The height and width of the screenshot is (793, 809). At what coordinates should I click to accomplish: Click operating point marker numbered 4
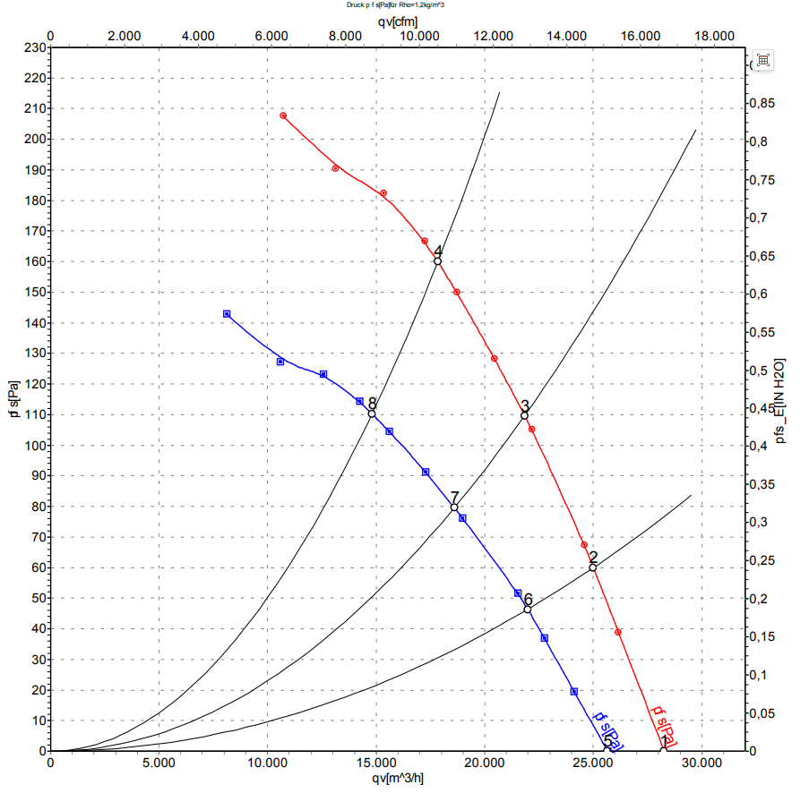(x=437, y=261)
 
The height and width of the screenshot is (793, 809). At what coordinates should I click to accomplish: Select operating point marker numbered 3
(x=524, y=415)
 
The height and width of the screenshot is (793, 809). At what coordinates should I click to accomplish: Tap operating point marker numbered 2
(x=593, y=567)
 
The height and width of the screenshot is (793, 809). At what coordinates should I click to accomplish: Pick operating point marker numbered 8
(x=372, y=414)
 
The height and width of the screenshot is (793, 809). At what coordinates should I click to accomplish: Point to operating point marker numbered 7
(x=454, y=507)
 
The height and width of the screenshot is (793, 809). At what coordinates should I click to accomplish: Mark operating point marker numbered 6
(x=528, y=610)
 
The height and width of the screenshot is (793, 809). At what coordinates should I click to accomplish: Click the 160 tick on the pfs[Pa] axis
(x=35, y=262)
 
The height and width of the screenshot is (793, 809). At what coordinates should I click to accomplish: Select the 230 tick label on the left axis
(x=35, y=47)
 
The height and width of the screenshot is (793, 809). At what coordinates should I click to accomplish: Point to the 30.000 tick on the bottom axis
(x=701, y=763)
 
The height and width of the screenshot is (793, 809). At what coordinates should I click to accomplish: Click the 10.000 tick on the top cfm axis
(x=417, y=36)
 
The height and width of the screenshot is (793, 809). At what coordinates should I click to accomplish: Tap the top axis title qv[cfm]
(x=396, y=20)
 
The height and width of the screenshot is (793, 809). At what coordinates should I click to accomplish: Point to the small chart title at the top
(x=396, y=4)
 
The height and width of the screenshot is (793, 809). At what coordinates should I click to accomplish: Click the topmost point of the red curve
(x=283, y=115)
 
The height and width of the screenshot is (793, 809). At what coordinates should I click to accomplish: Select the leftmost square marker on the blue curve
(x=227, y=314)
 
